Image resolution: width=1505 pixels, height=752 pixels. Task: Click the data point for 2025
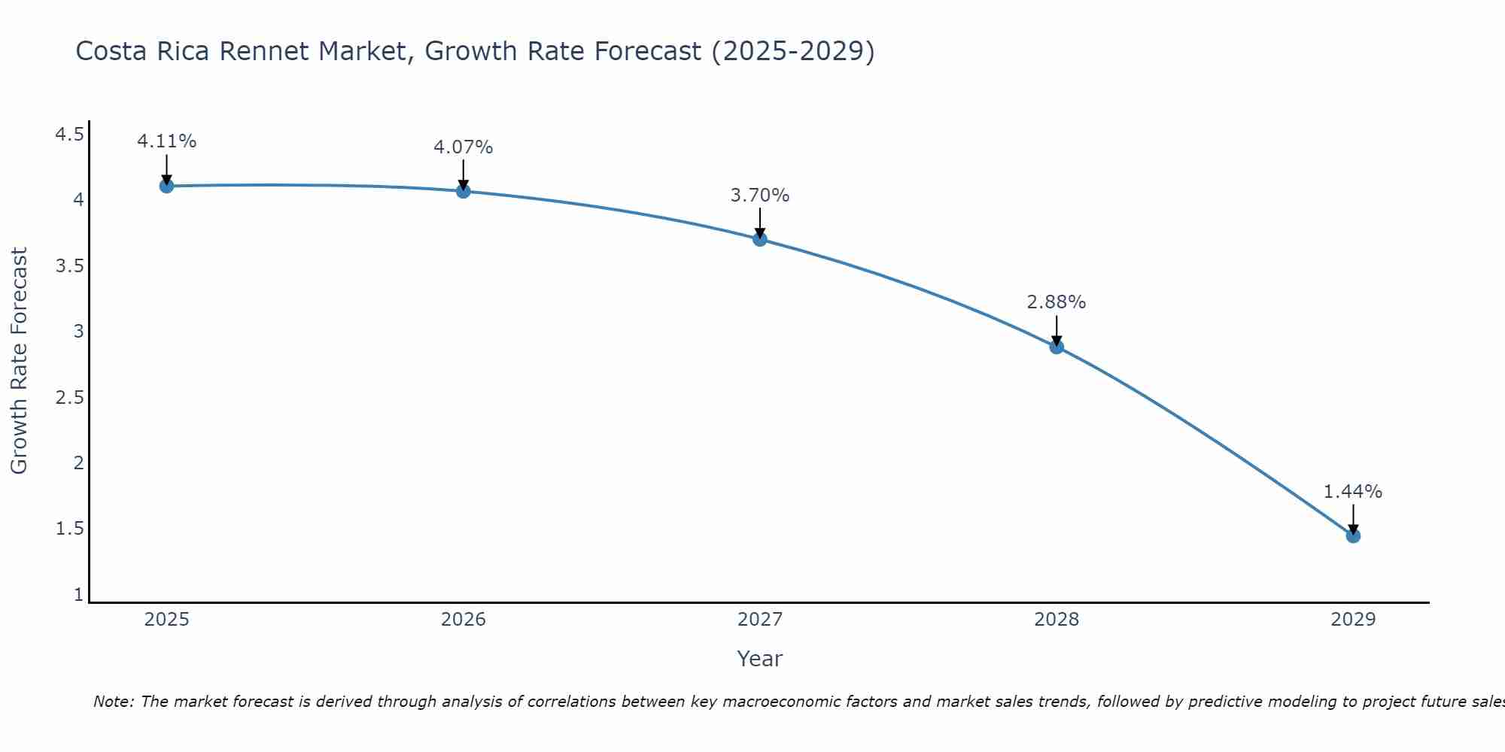coord(167,186)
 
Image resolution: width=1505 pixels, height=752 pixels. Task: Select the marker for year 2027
coord(760,239)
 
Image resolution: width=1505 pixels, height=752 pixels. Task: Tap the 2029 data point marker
coord(1353,535)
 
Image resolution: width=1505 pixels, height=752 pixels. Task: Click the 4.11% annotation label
coord(167,141)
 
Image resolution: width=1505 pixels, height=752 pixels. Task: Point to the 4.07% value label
coord(464,147)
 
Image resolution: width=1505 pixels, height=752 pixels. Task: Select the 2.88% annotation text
coord(1057,302)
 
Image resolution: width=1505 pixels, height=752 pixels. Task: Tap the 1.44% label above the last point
coord(1353,492)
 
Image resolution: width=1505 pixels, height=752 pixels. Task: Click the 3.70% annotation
coord(760,196)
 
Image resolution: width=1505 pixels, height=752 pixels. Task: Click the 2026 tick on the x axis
coord(464,620)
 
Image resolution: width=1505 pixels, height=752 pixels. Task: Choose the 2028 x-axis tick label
coord(1057,620)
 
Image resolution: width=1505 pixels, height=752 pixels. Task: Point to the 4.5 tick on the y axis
coord(70,135)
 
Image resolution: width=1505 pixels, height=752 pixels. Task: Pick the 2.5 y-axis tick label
coord(70,397)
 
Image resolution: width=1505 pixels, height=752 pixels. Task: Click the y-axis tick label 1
coord(78,595)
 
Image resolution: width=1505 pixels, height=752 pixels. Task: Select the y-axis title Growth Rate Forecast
coord(20,361)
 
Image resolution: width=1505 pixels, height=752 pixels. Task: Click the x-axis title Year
coord(760,659)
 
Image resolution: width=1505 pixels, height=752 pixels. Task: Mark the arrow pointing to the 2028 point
coord(1057,331)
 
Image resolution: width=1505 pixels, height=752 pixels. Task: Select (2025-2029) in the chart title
coord(793,51)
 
